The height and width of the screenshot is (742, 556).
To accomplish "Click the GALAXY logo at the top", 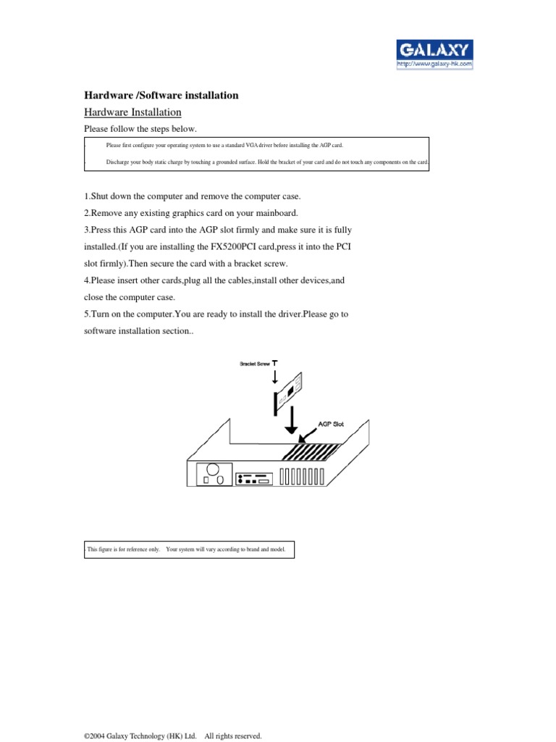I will point(434,50).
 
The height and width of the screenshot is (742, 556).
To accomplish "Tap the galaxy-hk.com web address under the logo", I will point(434,64).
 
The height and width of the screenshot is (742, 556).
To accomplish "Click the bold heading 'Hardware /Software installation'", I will point(161,96).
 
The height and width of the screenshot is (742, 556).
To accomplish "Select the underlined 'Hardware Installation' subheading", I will point(132,112).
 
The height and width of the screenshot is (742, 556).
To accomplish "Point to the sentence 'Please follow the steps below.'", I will point(140,129).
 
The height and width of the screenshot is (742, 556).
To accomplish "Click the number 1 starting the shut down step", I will point(87,197).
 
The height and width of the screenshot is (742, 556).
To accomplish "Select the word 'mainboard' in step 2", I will point(274,213).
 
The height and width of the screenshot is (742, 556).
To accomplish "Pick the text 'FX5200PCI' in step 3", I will point(230,246).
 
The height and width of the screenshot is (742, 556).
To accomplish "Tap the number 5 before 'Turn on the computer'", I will point(87,313).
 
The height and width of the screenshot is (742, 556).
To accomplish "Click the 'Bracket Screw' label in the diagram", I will point(255,363).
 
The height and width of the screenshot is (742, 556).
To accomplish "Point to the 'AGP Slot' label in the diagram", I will point(331,424).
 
